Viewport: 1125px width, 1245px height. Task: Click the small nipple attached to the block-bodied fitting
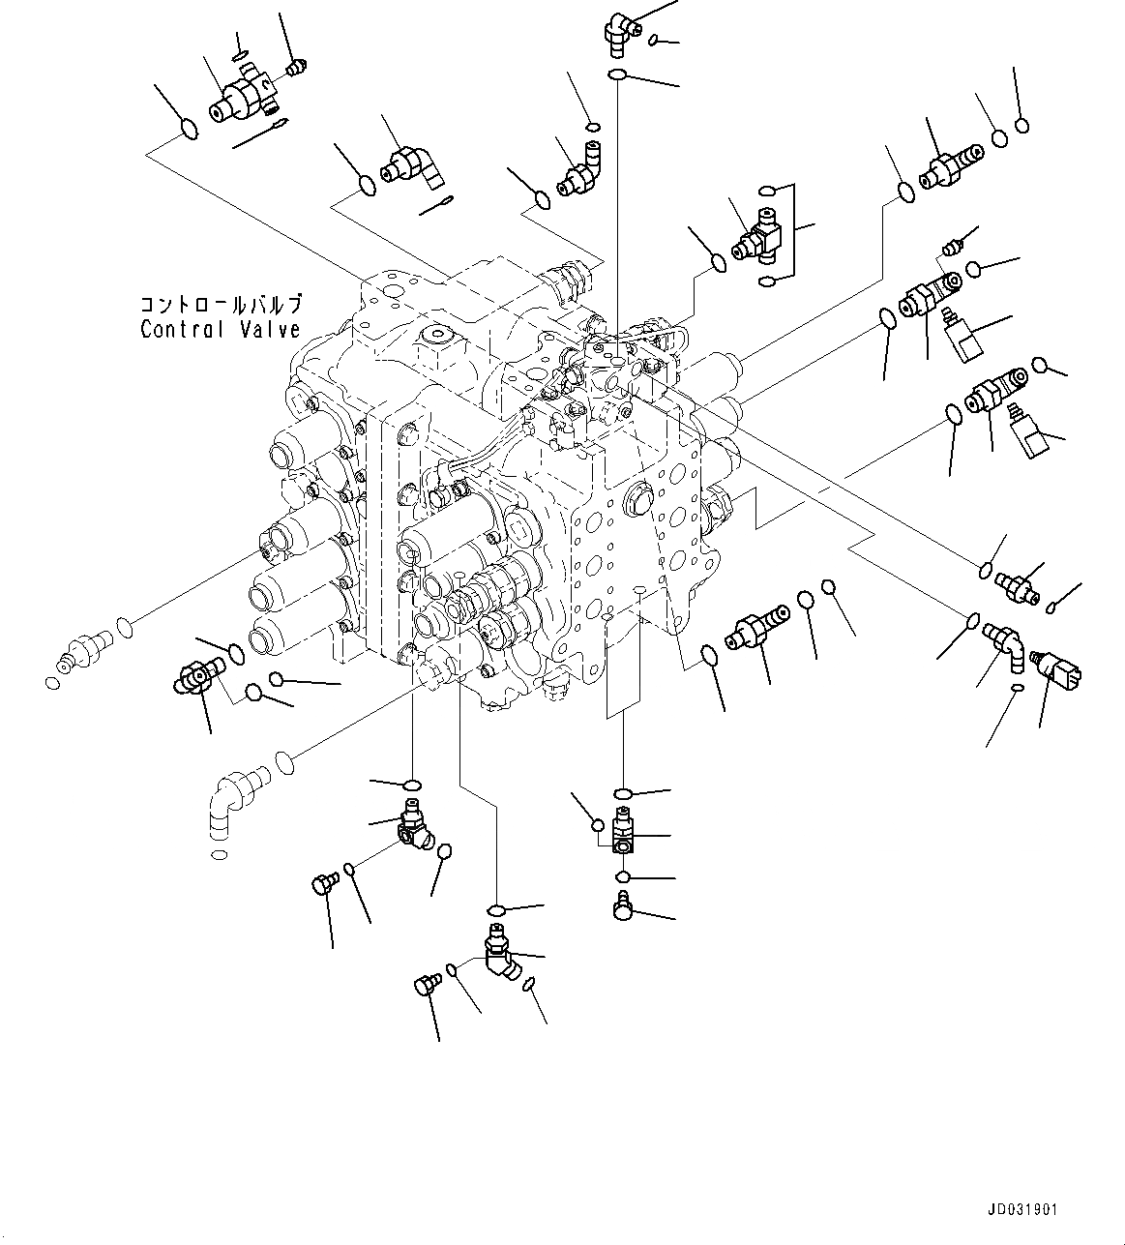(x=294, y=67)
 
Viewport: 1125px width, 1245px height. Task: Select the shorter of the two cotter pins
(x=437, y=206)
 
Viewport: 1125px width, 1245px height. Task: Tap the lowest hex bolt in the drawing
(x=425, y=986)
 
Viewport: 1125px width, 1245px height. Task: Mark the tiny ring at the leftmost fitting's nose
(x=51, y=684)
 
